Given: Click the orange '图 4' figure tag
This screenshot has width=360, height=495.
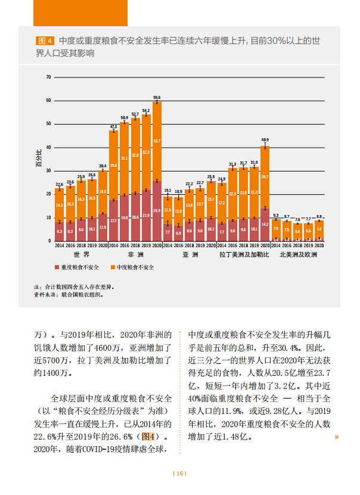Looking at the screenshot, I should click(x=45, y=41).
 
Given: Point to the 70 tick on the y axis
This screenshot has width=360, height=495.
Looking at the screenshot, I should click(x=48, y=77).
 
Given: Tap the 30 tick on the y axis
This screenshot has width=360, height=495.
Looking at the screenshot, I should click(x=48, y=171).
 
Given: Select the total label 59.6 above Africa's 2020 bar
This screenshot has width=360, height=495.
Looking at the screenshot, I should click(x=157, y=97).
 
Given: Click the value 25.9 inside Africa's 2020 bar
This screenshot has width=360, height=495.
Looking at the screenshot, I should click(x=157, y=211).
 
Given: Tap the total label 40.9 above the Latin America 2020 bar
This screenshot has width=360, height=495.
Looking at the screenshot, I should click(x=265, y=140).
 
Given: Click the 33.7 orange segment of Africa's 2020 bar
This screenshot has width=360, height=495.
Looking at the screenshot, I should click(x=157, y=141).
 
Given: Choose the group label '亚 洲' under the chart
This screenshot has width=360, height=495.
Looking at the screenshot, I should click(x=189, y=255).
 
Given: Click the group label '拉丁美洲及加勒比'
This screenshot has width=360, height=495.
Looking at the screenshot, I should click(x=243, y=255).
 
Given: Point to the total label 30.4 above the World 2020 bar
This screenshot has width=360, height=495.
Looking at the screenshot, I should click(x=103, y=166).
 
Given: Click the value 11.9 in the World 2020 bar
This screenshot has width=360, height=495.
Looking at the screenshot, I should click(x=103, y=227).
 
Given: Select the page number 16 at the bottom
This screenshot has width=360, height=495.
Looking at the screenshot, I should click(x=179, y=474).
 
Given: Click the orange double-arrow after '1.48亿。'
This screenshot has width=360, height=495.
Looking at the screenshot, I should click(x=337, y=437).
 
